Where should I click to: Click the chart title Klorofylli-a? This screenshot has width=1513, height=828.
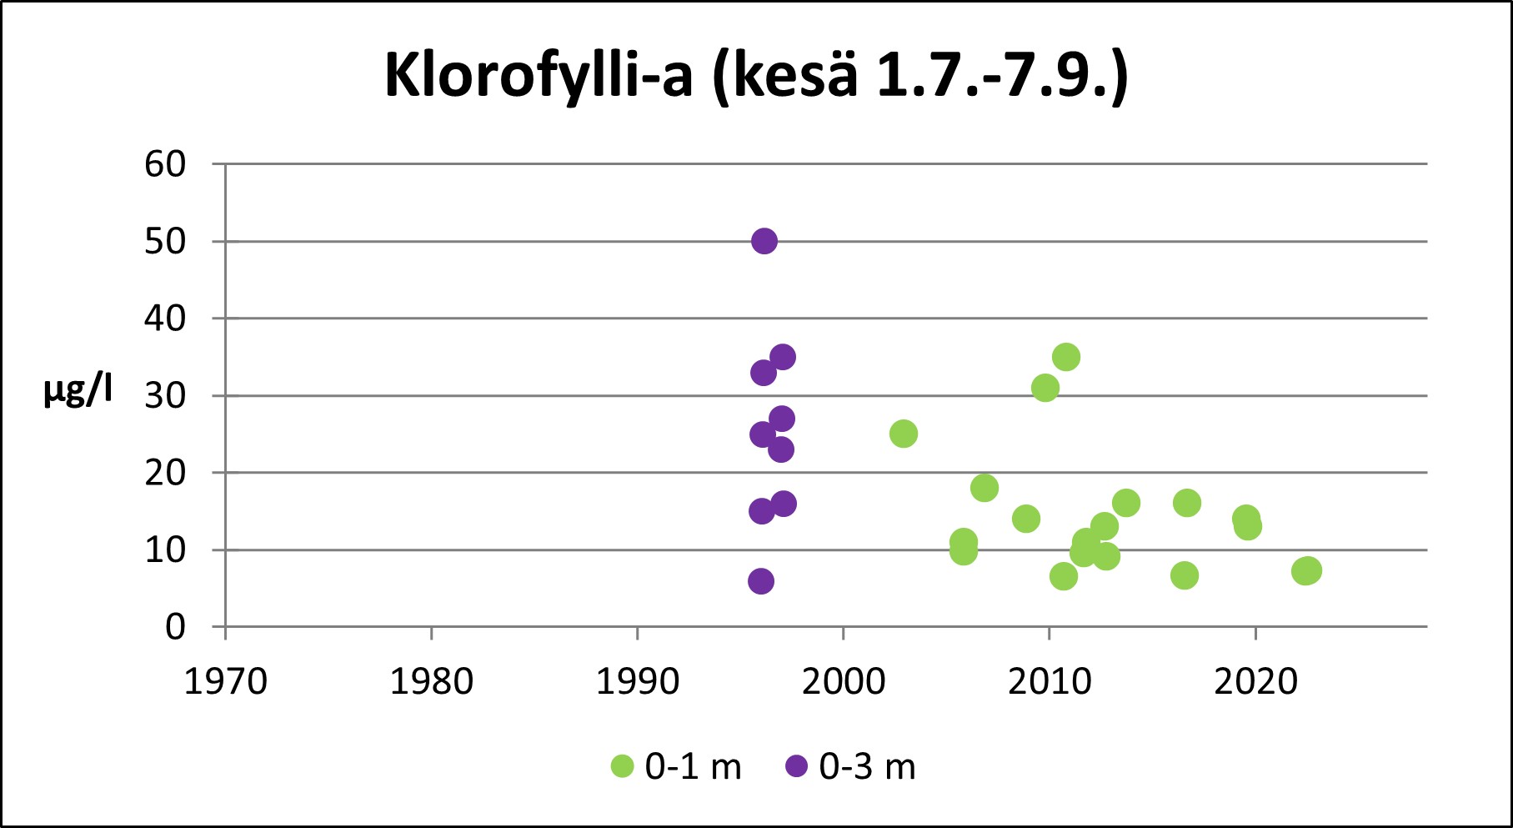[x=756, y=77]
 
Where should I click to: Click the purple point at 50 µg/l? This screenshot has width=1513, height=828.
[x=764, y=242]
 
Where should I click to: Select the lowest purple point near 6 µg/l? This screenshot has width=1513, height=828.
[x=760, y=581]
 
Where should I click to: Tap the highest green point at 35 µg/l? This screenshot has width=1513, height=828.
[x=1066, y=358]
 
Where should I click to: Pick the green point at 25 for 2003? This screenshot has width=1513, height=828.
[x=904, y=434]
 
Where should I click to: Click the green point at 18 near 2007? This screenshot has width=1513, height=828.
[x=984, y=488]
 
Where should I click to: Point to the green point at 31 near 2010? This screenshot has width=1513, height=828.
[x=1045, y=388]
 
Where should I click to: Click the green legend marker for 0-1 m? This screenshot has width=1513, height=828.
[x=623, y=766]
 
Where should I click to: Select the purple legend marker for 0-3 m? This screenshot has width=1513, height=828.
[x=797, y=766]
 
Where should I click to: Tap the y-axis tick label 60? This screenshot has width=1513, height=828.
[x=165, y=164]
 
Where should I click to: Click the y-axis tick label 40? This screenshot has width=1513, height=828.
[x=165, y=319]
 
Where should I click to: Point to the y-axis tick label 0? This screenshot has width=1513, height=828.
[x=175, y=627]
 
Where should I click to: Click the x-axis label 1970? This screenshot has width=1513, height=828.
[x=225, y=682]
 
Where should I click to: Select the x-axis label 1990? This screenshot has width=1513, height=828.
[x=637, y=682]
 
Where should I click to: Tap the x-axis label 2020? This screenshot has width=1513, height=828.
[x=1255, y=682]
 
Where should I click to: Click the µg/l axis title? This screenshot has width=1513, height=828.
[x=78, y=390]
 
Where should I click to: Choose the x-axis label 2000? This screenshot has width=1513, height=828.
[x=843, y=682]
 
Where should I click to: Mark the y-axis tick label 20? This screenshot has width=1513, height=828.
[x=165, y=473]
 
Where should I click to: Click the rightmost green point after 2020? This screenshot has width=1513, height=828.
[x=1308, y=571]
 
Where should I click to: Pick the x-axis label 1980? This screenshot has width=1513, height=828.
[x=431, y=682]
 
